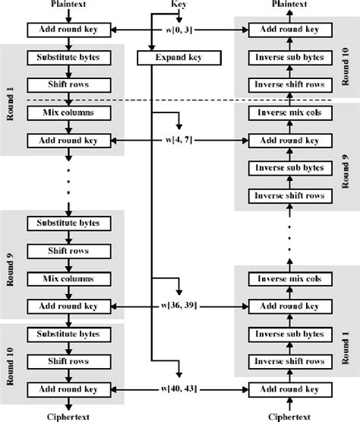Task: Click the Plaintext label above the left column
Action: tap(68, 5)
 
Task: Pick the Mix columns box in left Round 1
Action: tap(68, 113)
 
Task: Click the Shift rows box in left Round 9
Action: tap(68, 251)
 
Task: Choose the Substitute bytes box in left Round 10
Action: tap(68, 334)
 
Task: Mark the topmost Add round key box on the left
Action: tap(68, 30)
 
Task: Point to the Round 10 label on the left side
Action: tap(11, 361)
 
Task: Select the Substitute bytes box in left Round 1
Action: tap(68, 58)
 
